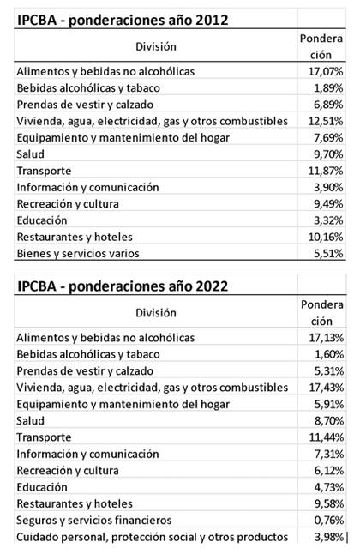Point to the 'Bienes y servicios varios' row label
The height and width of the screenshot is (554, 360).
(x=77, y=253)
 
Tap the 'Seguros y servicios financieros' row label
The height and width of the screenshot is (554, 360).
(x=94, y=520)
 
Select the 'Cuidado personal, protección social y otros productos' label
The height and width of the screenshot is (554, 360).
(x=153, y=537)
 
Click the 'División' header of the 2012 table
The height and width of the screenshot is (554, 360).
(x=155, y=46)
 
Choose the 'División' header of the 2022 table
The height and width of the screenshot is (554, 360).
(x=155, y=313)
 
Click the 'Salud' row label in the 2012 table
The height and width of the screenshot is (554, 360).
(x=31, y=154)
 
